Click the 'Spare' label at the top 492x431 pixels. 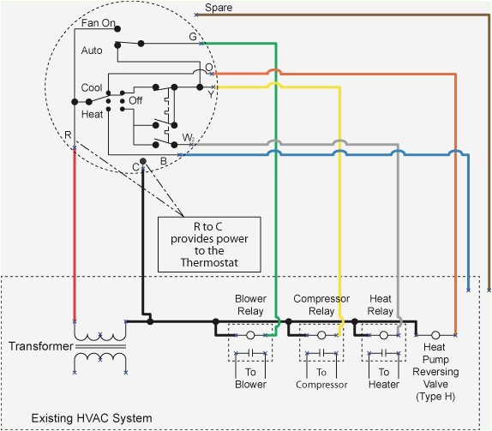coord(219,7)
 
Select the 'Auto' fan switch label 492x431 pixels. coord(93,51)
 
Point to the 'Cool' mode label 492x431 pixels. coord(92,88)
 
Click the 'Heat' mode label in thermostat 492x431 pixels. coord(92,113)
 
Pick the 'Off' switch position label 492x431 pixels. coord(135,100)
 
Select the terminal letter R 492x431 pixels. coord(68,135)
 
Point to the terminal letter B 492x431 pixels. coord(163,160)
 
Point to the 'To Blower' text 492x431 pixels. coord(250,379)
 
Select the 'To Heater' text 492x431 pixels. coord(383,379)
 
